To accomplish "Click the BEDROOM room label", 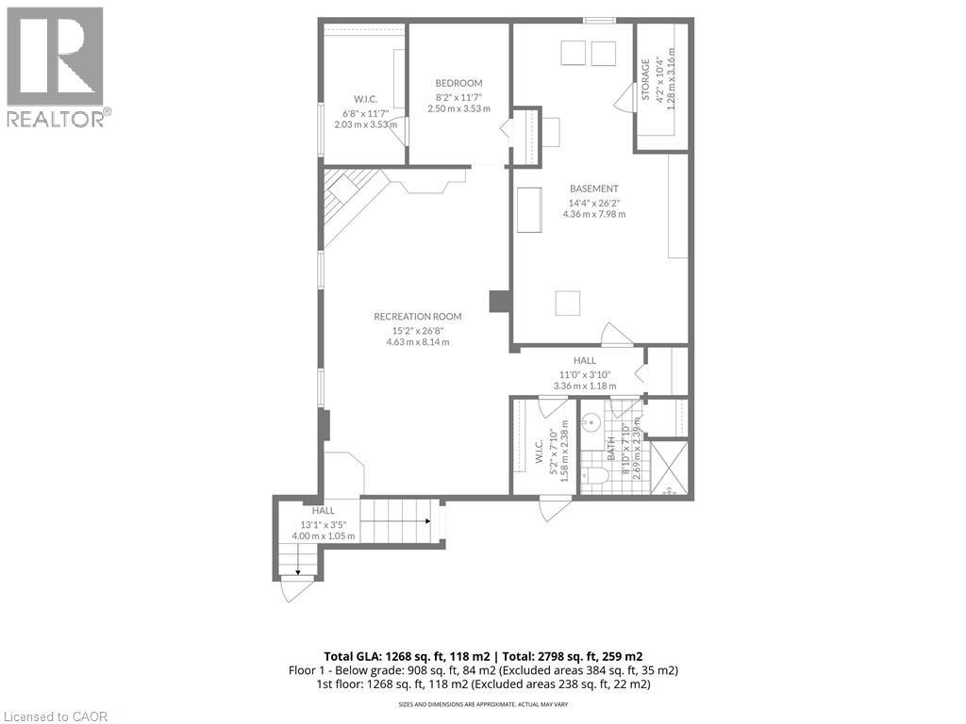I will pyautogui.click(x=458, y=83).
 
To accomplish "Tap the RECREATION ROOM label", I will pyautogui.click(x=417, y=317).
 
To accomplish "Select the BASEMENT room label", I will pyautogui.click(x=593, y=189).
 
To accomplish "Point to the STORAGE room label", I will pyautogui.click(x=646, y=80).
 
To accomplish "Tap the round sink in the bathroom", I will pyautogui.click(x=591, y=421).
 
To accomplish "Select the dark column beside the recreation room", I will pyautogui.click(x=499, y=301).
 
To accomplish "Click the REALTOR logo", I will pyautogui.click(x=56, y=67).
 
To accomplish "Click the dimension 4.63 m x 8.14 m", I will pyautogui.click(x=417, y=342).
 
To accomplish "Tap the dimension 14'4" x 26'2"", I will pyautogui.click(x=593, y=202).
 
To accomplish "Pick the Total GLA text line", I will pyautogui.click(x=483, y=655).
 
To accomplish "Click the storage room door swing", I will pyautogui.click(x=624, y=93).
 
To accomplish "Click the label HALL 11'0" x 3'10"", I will pyautogui.click(x=584, y=372).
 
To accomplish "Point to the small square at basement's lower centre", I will pyautogui.click(x=567, y=303).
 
